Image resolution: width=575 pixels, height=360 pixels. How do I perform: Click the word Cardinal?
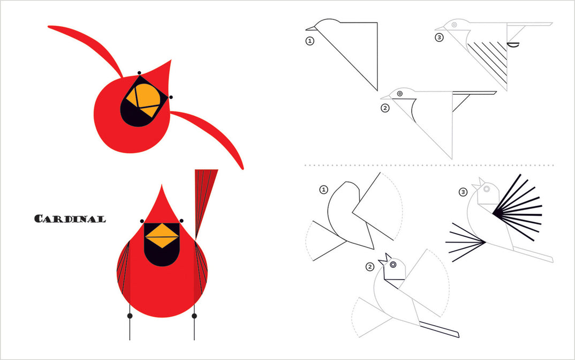pos(70,219)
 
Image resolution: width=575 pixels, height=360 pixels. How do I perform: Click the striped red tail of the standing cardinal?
pos(205,198)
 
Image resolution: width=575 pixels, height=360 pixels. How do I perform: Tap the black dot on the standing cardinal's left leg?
pos(130,316)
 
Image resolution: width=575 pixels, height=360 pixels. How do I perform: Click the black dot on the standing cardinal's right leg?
pos(194,316)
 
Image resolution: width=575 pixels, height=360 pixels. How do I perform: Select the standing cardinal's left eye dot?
pos(142,221)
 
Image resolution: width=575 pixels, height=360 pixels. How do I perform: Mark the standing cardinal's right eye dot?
pos(182,221)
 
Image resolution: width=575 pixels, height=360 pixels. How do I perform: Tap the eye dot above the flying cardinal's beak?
pos(139,73)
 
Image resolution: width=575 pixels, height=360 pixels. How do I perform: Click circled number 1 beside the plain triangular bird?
pos(309,40)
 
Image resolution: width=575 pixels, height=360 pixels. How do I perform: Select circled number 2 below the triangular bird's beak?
pos(384,108)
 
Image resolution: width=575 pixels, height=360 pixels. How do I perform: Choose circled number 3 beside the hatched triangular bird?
pos(439,37)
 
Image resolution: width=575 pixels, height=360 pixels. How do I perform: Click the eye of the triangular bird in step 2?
pos(399,94)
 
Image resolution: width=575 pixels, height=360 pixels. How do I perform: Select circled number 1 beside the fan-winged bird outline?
pos(323,189)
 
